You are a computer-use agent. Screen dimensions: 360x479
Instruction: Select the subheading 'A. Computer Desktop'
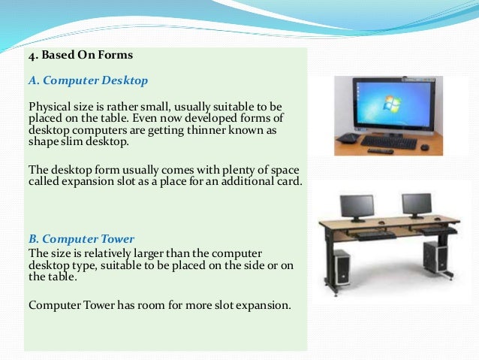point(88,80)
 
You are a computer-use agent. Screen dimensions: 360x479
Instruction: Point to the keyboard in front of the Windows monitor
point(389,140)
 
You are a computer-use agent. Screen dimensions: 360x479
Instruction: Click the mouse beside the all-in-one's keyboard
point(423,141)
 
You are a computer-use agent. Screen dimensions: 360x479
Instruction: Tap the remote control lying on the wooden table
point(380,150)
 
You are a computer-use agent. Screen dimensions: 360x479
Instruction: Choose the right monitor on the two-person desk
point(417,204)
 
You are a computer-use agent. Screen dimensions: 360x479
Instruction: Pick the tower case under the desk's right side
point(436,256)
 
